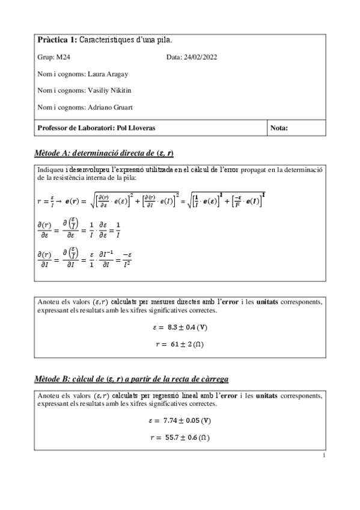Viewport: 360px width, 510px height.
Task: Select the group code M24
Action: (x=63, y=57)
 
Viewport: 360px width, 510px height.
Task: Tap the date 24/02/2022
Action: (x=200, y=57)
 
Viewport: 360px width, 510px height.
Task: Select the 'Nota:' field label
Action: (x=280, y=128)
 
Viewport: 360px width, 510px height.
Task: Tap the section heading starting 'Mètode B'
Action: (x=132, y=379)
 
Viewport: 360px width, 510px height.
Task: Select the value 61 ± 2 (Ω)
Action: (x=186, y=344)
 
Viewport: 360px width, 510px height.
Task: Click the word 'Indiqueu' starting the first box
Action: (x=50, y=170)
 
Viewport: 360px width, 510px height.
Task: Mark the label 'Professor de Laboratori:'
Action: (x=75, y=128)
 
